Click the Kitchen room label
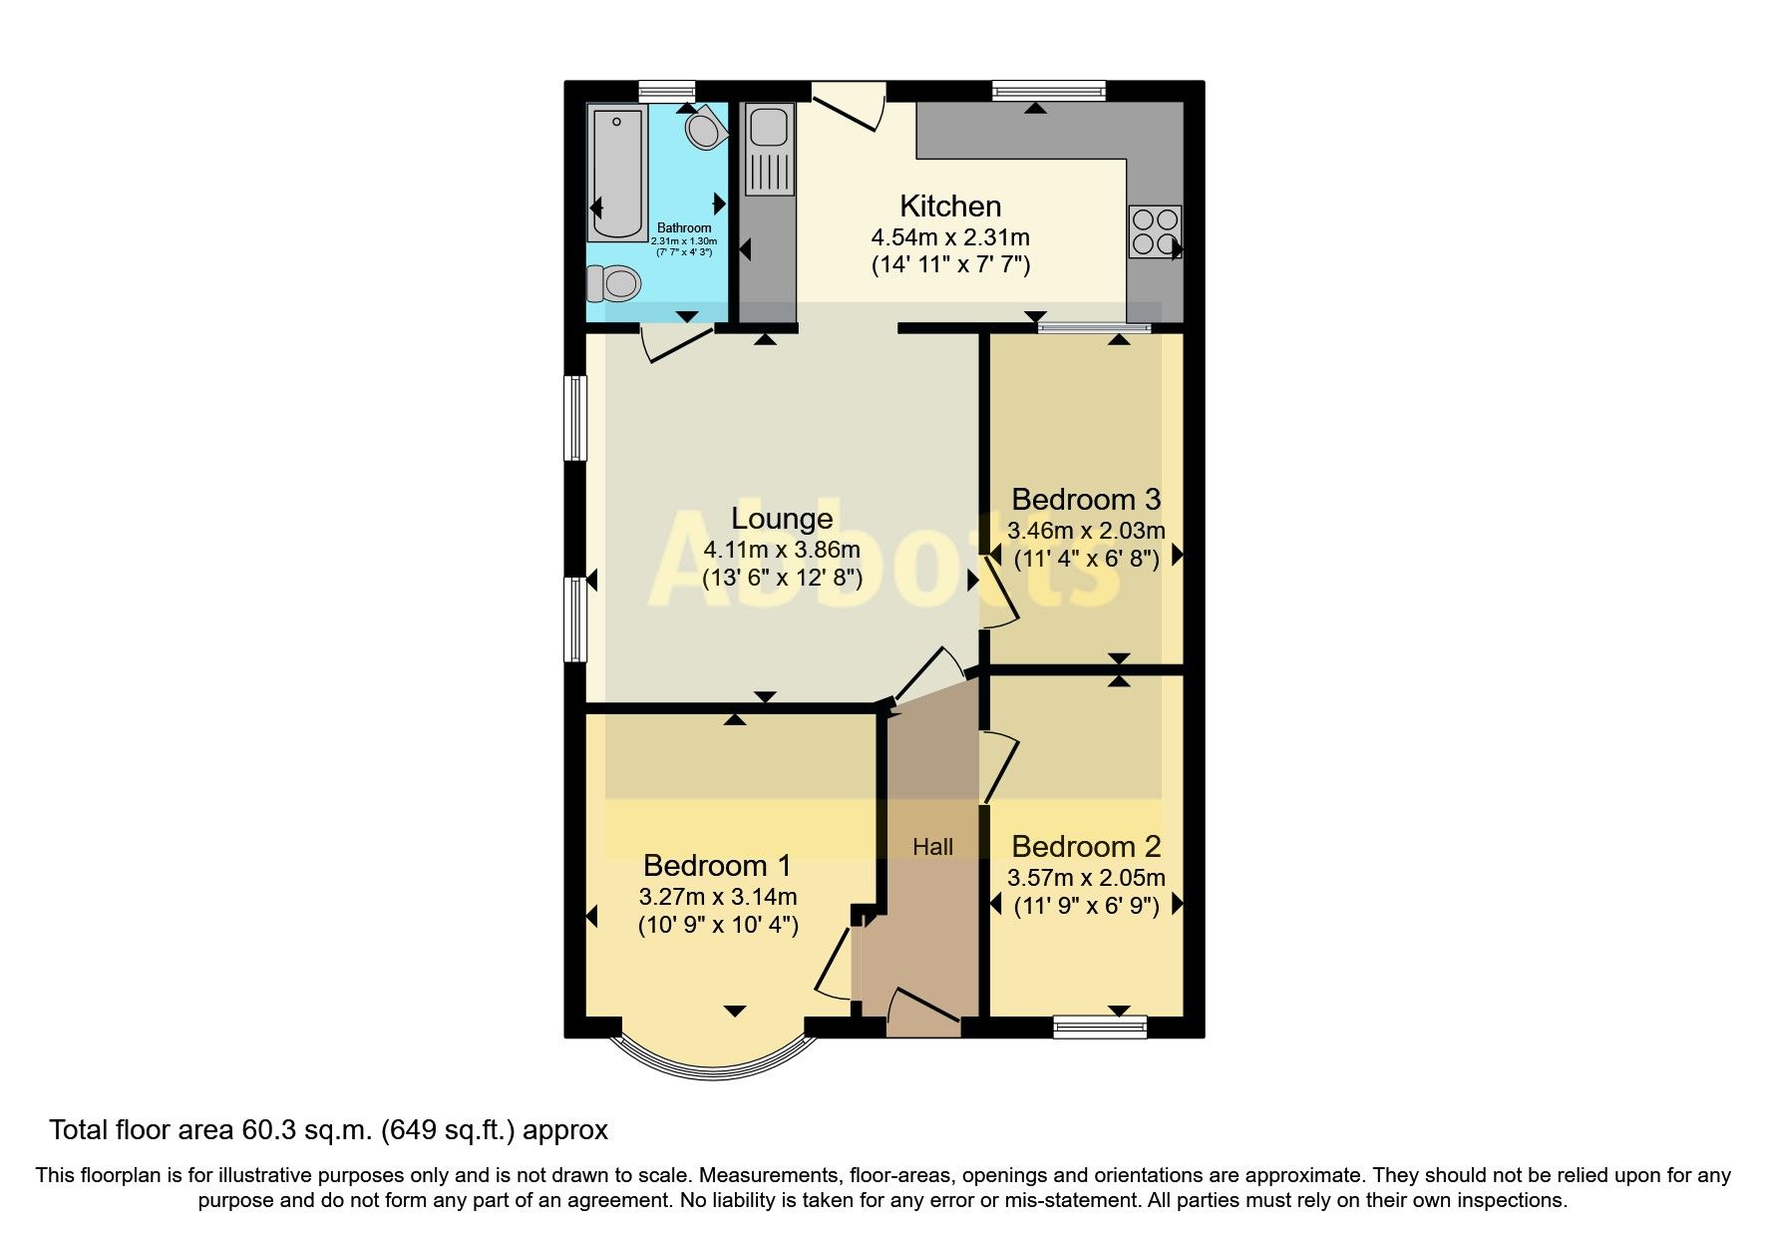[949, 206]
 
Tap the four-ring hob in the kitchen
[1155, 231]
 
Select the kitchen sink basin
[769, 127]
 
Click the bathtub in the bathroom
[616, 175]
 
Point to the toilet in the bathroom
[611, 283]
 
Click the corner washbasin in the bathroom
[705, 128]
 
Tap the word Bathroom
[684, 228]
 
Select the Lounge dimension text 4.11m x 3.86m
[781, 550]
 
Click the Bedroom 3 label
[1086, 499]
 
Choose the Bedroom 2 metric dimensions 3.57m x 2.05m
[1086, 878]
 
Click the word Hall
[932, 847]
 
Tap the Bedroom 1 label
[717, 865]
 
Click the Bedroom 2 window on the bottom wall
[1100, 1027]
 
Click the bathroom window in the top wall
[666, 91]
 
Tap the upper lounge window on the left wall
[575, 417]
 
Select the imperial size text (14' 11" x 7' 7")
[949, 265]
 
